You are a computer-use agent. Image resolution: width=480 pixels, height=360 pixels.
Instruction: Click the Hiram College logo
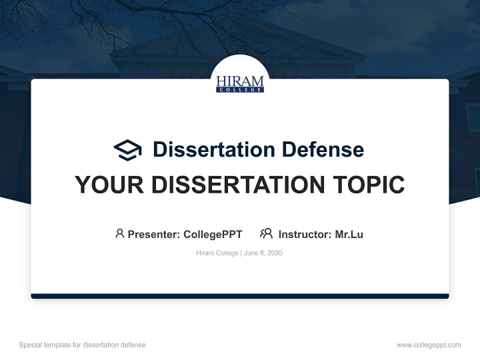(x=240, y=83)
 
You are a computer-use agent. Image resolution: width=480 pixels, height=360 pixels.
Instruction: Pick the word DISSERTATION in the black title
(x=238, y=185)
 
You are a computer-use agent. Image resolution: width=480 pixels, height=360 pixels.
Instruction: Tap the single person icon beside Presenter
(x=119, y=233)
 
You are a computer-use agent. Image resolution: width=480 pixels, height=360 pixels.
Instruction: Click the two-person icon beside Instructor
(x=266, y=233)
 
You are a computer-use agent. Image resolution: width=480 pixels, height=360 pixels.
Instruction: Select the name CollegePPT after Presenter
(x=213, y=234)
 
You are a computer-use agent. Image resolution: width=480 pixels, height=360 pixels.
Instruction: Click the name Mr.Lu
(x=349, y=234)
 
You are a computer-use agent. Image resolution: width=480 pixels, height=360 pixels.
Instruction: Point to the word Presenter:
(x=154, y=234)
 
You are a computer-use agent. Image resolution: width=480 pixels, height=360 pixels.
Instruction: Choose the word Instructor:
(x=305, y=234)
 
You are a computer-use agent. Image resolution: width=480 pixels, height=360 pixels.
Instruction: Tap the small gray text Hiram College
(x=217, y=253)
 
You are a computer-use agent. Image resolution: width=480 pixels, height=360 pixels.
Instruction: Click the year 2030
(x=274, y=253)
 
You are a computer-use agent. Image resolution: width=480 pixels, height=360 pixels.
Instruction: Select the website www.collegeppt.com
(x=428, y=345)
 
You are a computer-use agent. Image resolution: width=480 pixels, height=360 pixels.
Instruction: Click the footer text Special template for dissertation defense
(x=82, y=345)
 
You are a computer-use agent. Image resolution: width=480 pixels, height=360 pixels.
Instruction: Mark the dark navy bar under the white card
(x=240, y=296)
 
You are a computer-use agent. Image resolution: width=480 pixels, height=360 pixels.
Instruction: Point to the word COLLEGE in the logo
(x=240, y=89)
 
